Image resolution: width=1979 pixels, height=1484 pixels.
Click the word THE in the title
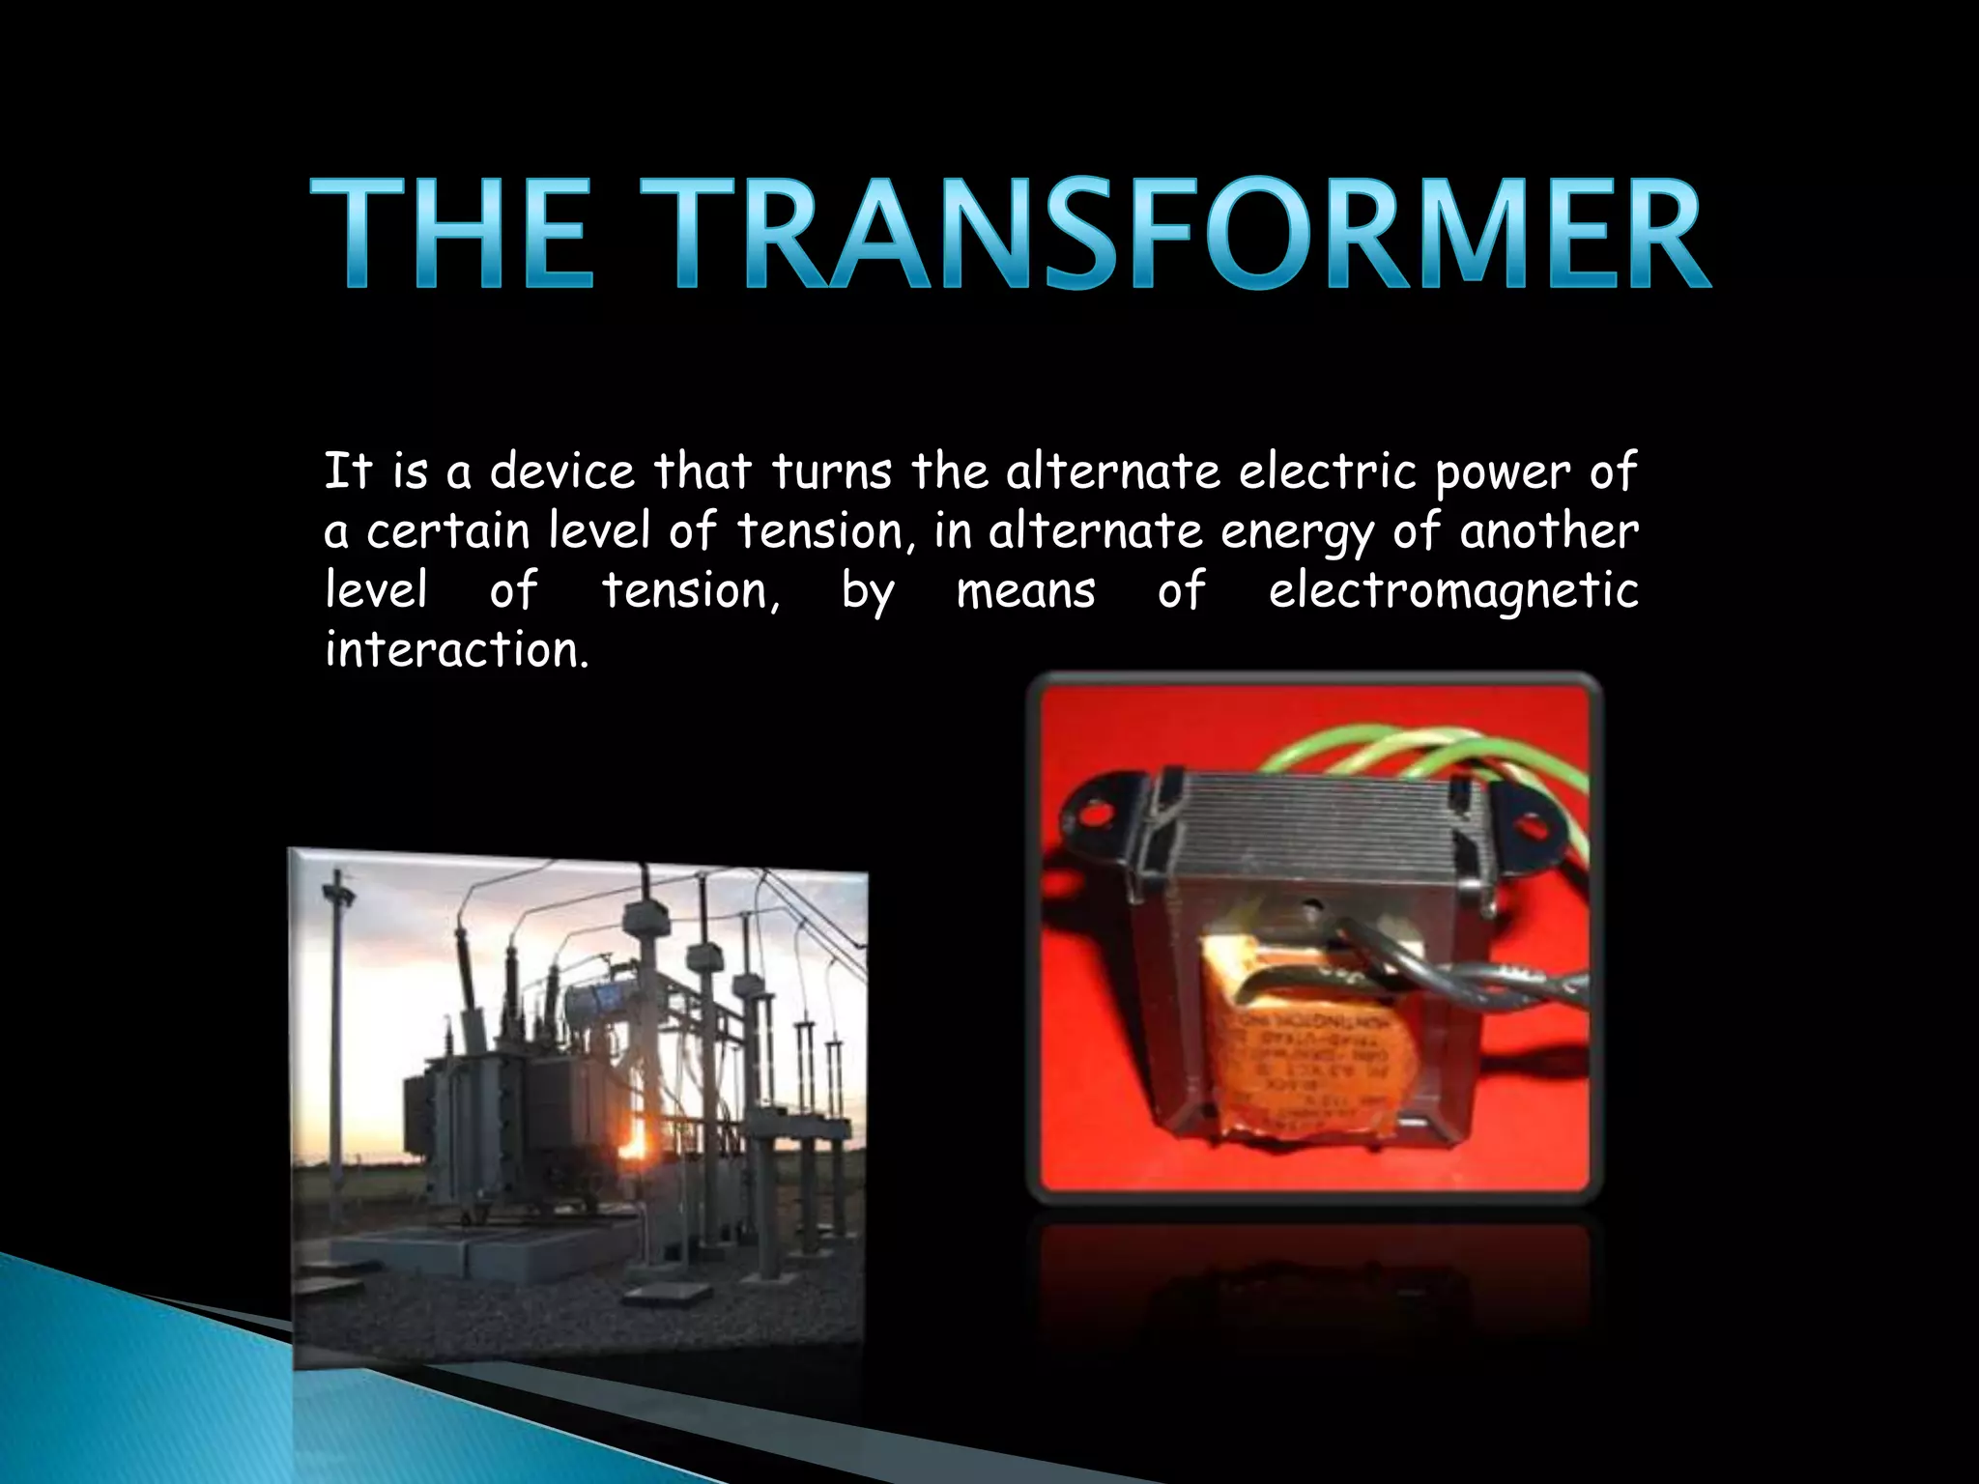(x=451, y=235)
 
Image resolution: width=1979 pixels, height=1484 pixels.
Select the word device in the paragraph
(x=562, y=472)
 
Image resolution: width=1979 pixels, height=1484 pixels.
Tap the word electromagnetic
(x=1453, y=591)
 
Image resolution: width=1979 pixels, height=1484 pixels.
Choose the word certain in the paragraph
(x=447, y=531)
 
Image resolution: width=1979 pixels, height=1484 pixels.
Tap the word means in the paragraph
(x=1025, y=591)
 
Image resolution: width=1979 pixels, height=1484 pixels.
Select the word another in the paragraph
(x=1549, y=531)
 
